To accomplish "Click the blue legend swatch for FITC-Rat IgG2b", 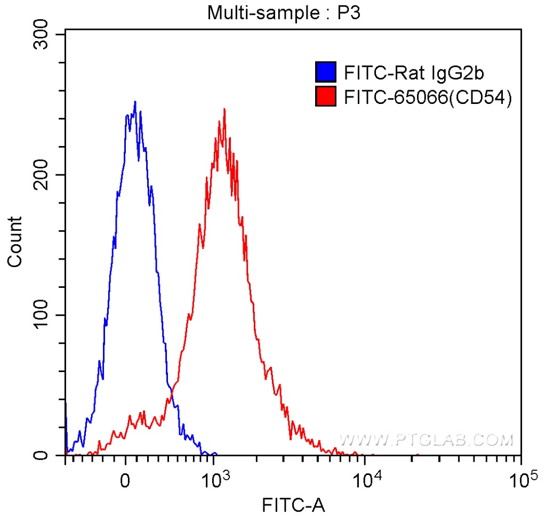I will click(326, 70).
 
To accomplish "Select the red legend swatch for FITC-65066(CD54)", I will click(326, 97).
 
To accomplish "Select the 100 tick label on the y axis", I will click(43, 316).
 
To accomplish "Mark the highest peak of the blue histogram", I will click(135, 102).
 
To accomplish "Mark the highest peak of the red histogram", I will click(224, 109).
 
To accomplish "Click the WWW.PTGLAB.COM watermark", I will click(426, 440).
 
